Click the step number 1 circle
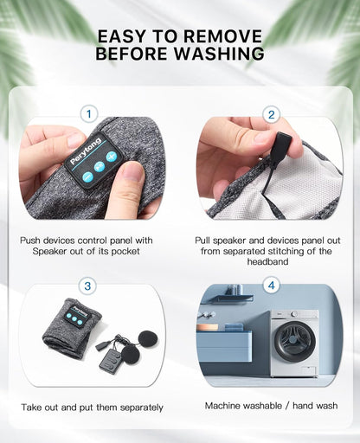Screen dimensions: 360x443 [x=89, y=114]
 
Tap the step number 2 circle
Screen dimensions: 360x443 [x=271, y=115]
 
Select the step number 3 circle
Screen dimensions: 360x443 [x=87, y=286]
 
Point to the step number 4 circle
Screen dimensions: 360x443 [x=272, y=286]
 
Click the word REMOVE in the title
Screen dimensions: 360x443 [x=222, y=36]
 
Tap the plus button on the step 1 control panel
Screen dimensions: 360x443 [x=112, y=157]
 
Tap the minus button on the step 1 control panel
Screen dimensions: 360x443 [x=87, y=177]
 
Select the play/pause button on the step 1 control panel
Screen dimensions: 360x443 [x=100, y=167]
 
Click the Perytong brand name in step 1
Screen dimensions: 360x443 [x=86, y=151]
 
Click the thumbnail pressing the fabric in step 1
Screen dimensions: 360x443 [x=132, y=174]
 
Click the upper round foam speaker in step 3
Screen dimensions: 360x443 [x=148, y=339]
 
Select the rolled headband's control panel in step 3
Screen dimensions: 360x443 [x=76, y=315]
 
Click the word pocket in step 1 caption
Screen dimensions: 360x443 [x=125, y=252]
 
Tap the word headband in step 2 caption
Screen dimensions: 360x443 [x=267, y=261]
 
